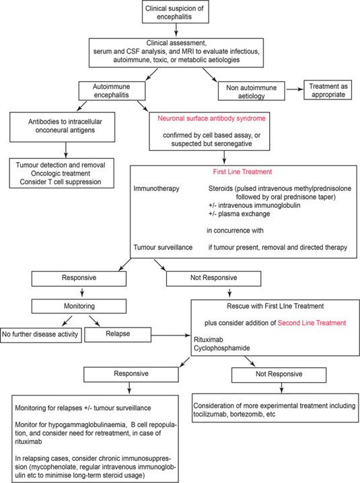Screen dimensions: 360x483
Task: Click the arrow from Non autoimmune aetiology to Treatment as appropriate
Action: point(295,89)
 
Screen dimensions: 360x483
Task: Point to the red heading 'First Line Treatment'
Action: point(242,172)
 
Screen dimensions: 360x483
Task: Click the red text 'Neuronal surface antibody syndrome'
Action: point(211,118)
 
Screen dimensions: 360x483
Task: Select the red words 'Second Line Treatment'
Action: point(312,323)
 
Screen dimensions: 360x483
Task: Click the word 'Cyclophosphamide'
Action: point(221,348)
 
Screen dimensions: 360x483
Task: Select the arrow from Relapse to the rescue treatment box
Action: point(171,335)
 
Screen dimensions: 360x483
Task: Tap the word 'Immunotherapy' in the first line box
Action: point(156,188)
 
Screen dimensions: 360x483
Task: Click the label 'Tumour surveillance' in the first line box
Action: point(163,248)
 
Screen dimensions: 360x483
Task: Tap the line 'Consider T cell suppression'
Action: point(61,182)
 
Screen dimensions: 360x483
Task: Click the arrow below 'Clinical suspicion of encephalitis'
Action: point(176,30)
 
